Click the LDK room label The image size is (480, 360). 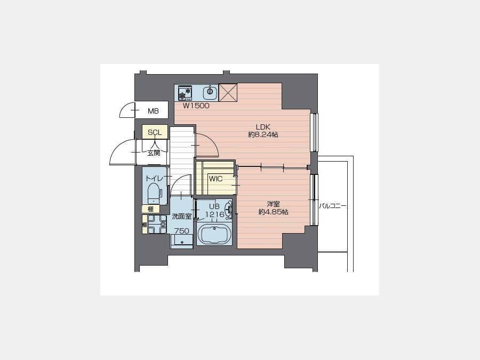(263, 127)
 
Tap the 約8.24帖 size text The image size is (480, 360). (263, 134)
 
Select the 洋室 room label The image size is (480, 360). (273, 204)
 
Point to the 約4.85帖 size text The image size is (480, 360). (273, 212)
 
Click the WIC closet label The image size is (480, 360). (216, 179)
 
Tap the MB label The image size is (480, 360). (153, 111)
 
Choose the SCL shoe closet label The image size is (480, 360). (155, 133)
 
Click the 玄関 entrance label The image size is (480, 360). (154, 153)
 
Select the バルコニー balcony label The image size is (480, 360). (333, 206)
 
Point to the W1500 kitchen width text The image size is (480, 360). (196, 106)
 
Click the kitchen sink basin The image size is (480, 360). (210, 91)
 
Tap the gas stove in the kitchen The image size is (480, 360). (185, 93)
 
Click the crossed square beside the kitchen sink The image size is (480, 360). (228, 92)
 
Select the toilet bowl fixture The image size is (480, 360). (154, 193)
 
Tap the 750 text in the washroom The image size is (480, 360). (182, 231)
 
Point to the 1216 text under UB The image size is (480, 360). (214, 214)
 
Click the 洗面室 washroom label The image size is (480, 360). (181, 217)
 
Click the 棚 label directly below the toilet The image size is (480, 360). (150, 209)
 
